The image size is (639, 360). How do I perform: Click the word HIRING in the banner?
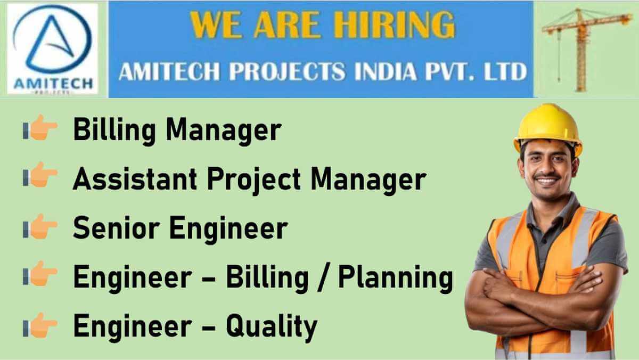pyautogui.click(x=395, y=24)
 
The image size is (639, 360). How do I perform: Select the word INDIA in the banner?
pyautogui.click(x=386, y=71)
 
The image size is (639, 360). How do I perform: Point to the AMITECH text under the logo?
pyautogui.click(x=53, y=84)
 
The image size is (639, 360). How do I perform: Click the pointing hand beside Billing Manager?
pyautogui.click(x=40, y=127)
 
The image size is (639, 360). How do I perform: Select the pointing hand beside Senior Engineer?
pyautogui.click(x=40, y=226)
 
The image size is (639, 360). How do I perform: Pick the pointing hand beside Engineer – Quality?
pyautogui.click(x=40, y=325)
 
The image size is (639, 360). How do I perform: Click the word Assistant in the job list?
pyautogui.click(x=135, y=179)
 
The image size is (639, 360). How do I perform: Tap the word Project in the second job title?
pyautogui.click(x=254, y=181)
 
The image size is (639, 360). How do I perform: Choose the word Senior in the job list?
pyautogui.click(x=116, y=227)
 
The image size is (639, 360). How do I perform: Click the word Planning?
pyautogui.click(x=396, y=278)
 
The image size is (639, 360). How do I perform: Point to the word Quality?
pyautogui.click(x=272, y=327)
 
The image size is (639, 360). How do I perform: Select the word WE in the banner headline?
pyautogui.click(x=217, y=24)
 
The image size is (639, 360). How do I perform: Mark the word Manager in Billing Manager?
pyautogui.click(x=224, y=132)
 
